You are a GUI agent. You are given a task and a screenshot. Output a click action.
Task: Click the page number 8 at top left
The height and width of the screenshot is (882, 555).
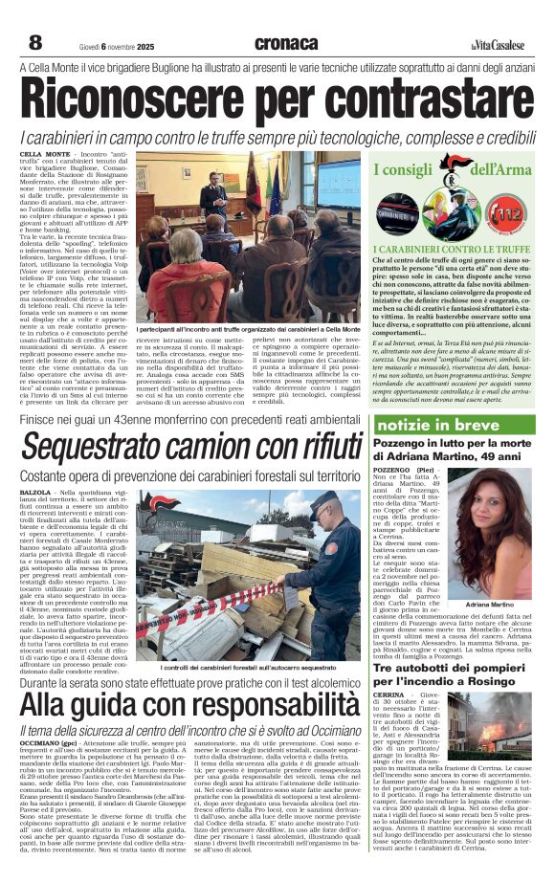point(35,42)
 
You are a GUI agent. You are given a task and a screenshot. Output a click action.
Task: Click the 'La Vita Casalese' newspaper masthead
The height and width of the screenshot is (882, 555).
point(497,44)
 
